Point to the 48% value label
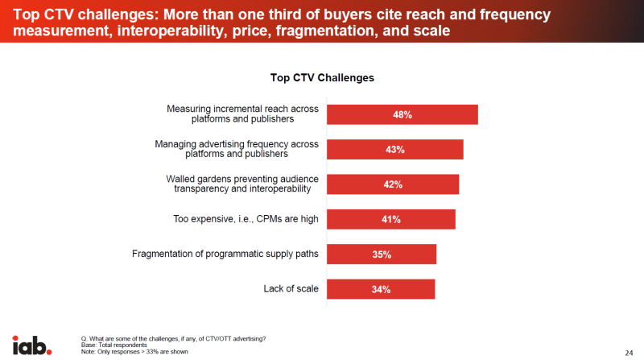pyautogui.click(x=402, y=114)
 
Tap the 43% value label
pyautogui.click(x=394, y=150)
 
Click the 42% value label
pyautogui.click(x=393, y=184)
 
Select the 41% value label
pyautogui.click(x=391, y=219)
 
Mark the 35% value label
pyautogui.click(x=382, y=254)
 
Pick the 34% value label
pyautogui.click(x=381, y=289)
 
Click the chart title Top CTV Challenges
pyautogui.click(x=322, y=78)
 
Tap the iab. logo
pyautogui.click(x=32, y=345)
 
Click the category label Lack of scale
pyautogui.click(x=291, y=289)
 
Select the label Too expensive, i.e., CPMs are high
pyautogui.click(x=246, y=219)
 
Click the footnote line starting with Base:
pyautogui.click(x=114, y=345)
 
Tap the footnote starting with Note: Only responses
pyautogui.click(x=134, y=352)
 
